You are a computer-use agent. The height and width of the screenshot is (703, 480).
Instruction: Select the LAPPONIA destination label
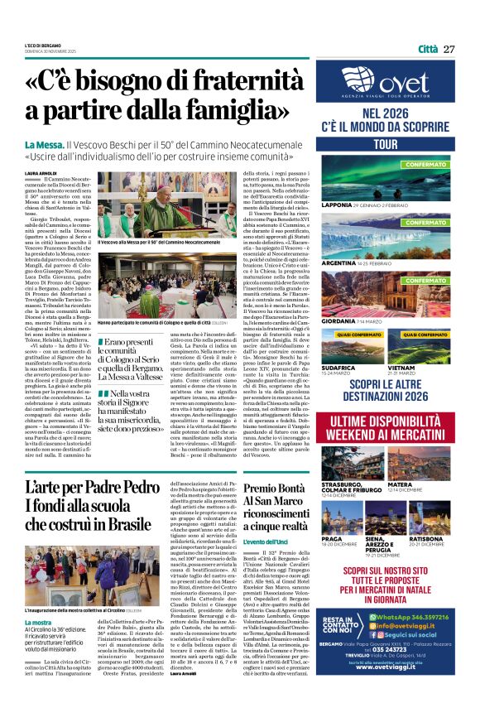coord(337,204)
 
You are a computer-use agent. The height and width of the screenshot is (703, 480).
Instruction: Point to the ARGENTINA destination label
coord(338,262)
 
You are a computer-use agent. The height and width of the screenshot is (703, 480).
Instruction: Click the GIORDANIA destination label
coord(338,320)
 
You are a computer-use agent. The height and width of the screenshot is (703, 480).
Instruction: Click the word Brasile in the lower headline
coord(127,524)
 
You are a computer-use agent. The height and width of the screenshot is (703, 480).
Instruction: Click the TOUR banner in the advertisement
coord(386,143)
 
